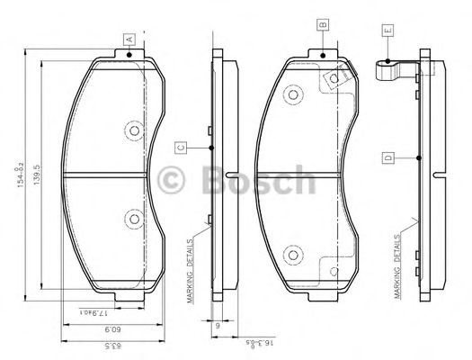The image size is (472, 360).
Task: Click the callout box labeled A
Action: pos(129,39)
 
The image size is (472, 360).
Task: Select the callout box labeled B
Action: pos(321,26)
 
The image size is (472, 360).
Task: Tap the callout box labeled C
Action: pos(181,147)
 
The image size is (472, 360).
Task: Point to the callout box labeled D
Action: pos(387,157)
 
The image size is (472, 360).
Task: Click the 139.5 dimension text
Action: pos(36,169)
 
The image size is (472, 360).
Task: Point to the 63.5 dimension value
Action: pos(99,345)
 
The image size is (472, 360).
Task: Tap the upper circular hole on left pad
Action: pos(134,131)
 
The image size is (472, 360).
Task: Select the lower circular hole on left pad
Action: pos(134,217)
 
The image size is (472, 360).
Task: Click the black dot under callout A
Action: pos(129,55)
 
